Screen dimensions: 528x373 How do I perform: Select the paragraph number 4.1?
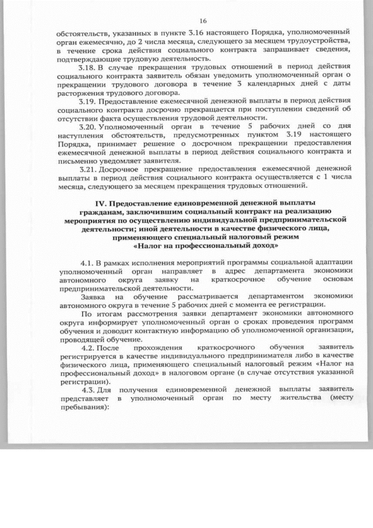coord(88,263)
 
